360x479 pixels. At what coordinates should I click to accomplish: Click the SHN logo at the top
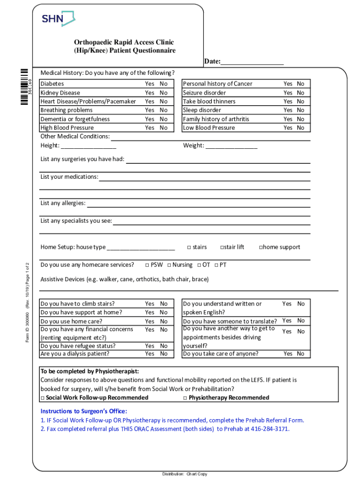point(58,19)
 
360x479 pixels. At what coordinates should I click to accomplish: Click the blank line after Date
point(252,62)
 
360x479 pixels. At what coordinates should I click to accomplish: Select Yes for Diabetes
point(149,84)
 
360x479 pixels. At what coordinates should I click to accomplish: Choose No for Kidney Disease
point(164,93)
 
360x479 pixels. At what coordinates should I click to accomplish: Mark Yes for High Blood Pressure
point(149,128)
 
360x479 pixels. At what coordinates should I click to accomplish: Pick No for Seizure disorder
point(300,93)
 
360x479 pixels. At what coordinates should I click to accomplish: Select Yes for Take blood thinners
point(288,102)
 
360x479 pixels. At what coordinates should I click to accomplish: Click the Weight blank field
point(231,146)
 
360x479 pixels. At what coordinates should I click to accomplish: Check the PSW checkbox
point(147,265)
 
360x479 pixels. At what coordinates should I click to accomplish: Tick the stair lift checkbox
point(222,247)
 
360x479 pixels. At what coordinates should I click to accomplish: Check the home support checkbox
point(261,247)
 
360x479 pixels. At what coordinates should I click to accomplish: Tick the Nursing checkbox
point(169,265)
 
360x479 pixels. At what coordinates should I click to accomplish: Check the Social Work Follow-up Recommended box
point(43,398)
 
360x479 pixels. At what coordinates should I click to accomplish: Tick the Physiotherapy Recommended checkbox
point(185,398)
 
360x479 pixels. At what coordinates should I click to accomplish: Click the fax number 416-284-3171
point(269,428)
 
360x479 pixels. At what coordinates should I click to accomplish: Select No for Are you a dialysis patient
point(164,354)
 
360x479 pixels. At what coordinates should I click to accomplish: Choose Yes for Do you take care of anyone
point(288,354)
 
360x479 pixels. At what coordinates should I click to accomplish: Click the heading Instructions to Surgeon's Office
point(84,411)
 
